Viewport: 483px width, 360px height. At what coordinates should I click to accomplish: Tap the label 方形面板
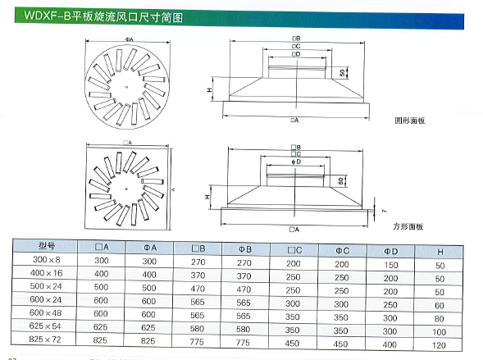tap(408, 226)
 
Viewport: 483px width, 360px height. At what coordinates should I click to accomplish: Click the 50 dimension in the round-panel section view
tap(341, 73)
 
